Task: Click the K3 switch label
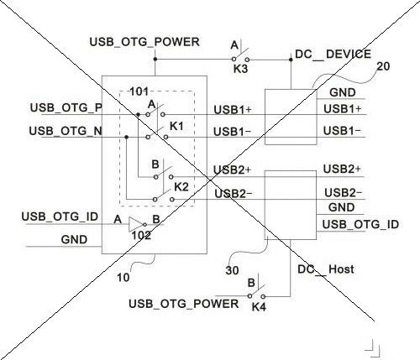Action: click(x=241, y=69)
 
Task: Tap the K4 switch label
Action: click(x=259, y=307)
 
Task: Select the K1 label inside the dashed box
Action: click(x=176, y=127)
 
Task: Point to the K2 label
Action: click(x=181, y=187)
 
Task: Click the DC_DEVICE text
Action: click(x=333, y=54)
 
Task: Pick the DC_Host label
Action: click(x=326, y=269)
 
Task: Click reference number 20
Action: click(x=383, y=66)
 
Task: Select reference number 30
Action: click(x=233, y=270)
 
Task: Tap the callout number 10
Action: click(x=123, y=278)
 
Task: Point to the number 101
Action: click(x=139, y=91)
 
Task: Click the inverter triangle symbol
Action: click(x=136, y=224)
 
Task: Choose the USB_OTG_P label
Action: click(x=66, y=108)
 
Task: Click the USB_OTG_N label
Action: click(x=66, y=131)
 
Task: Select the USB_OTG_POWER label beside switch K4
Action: click(x=184, y=304)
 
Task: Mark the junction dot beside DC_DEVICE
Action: click(x=291, y=60)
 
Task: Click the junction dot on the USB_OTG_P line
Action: click(x=138, y=115)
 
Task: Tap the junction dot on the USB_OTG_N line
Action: click(x=127, y=137)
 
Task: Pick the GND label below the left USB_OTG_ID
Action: click(x=74, y=240)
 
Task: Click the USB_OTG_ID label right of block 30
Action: click(x=360, y=225)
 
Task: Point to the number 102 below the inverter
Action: click(x=141, y=236)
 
